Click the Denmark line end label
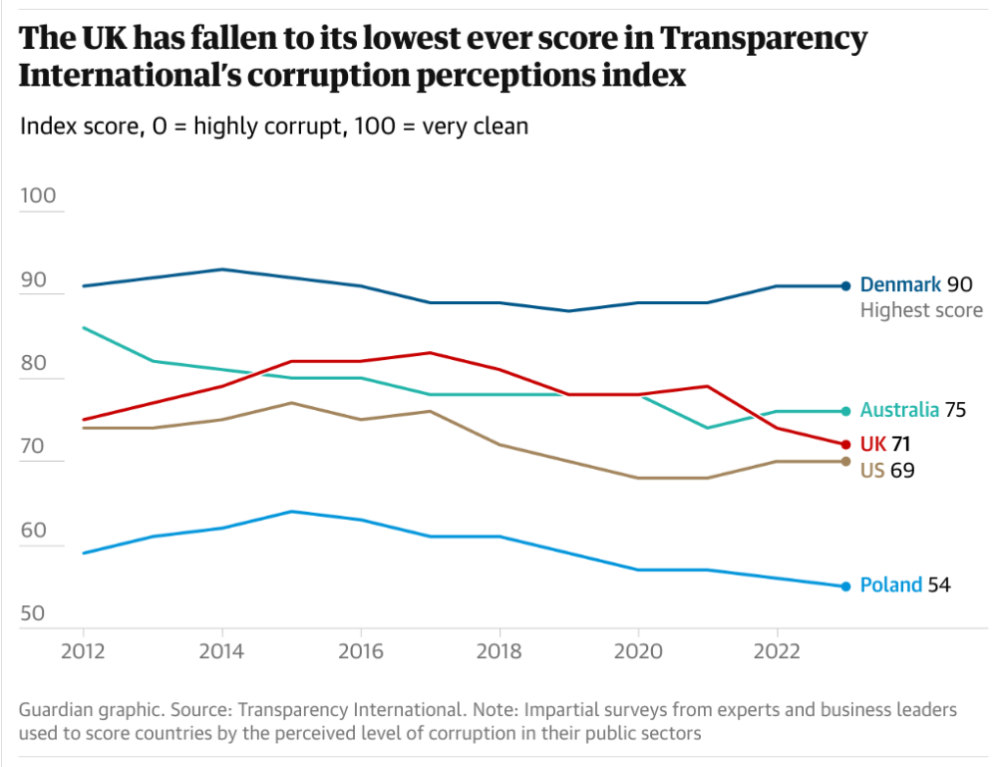coord(901,285)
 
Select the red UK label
coord(873,444)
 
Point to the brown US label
coord(872,470)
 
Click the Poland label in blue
coord(890,586)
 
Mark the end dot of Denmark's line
coord(846,285)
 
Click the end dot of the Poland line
coord(846,587)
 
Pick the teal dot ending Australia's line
coord(846,411)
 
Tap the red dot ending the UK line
coord(846,444)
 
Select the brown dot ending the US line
coord(846,461)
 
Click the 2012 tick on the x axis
coord(82,649)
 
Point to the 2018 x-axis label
coord(499,649)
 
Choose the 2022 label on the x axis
coord(777,649)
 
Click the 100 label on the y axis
coord(39,195)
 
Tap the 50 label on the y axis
coord(32,614)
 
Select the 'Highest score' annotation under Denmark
coord(921,311)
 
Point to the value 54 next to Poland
coord(938,586)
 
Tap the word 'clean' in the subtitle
coord(499,127)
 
